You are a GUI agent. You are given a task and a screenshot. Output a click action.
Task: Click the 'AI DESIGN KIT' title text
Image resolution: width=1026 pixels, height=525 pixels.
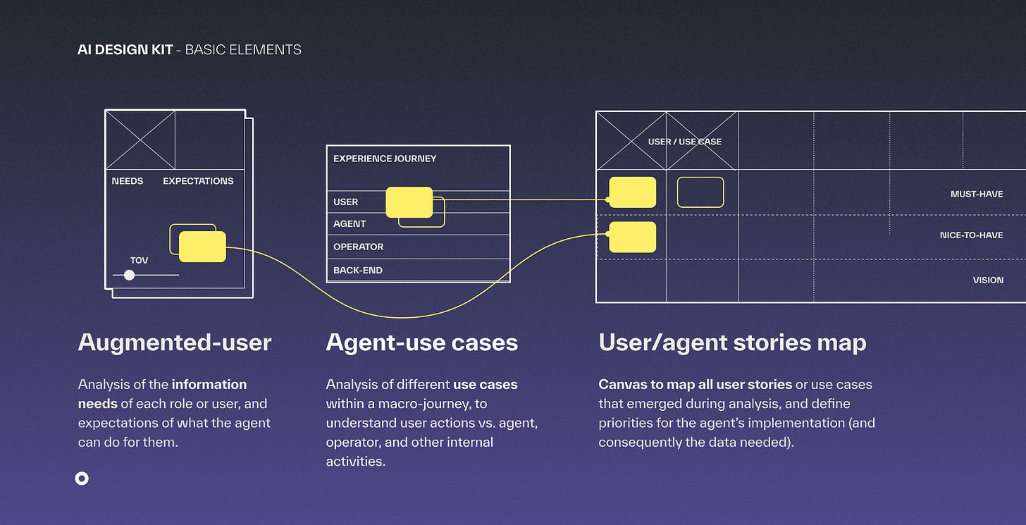[x=125, y=50]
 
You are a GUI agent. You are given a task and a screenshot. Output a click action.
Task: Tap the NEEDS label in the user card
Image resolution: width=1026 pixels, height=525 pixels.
[x=128, y=181]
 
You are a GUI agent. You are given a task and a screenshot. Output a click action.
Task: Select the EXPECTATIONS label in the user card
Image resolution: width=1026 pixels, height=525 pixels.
[x=198, y=181]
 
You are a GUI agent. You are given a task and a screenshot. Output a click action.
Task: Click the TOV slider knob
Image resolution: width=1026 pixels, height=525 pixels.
[x=129, y=275]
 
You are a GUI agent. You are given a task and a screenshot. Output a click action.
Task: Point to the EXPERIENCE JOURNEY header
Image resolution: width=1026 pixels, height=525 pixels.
[x=385, y=159]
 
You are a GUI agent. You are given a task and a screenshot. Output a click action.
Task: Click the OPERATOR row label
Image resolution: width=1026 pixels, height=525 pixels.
[x=358, y=247]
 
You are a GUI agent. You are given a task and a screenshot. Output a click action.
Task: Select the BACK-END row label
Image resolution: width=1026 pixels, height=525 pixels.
[x=358, y=270]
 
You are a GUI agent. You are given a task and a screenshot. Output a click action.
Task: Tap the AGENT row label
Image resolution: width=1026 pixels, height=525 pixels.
[x=350, y=223]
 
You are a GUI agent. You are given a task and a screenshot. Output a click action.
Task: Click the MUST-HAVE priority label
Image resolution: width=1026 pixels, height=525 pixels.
[x=977, y=194]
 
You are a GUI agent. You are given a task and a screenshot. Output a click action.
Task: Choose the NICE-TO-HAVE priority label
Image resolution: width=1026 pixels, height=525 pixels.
[x=971, y=235]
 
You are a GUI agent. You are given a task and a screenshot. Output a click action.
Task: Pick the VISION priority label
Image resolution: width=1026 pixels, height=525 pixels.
[x=988, y=280]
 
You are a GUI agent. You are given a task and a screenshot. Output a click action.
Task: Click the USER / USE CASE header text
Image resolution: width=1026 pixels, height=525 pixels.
[x=685, y=142]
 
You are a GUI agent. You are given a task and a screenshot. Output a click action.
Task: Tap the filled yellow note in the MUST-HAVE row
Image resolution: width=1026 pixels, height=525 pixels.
[x=632, y=192]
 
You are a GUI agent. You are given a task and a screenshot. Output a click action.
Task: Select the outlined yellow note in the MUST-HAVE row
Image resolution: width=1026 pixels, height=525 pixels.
[x=700, y=192]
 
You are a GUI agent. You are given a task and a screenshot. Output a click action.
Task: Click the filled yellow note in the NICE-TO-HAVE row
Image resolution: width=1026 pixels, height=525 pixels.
[x=632, y=237]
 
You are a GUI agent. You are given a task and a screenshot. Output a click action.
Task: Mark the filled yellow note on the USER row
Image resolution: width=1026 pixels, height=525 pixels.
[x=409, y=202]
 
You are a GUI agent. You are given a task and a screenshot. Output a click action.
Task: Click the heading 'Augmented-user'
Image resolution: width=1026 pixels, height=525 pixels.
[x=175, y=342]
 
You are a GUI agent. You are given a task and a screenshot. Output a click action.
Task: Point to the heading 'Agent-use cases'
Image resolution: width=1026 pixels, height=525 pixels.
[x=421, y=342]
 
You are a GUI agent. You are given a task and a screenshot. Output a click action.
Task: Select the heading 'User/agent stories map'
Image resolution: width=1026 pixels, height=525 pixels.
[x=732, y=342]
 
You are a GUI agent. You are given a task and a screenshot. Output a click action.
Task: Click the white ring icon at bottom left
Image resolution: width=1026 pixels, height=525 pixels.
[x=82, y=478]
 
